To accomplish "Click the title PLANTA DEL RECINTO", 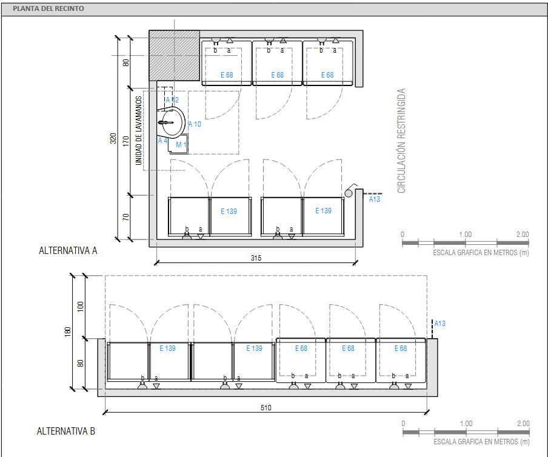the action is pyautogui.click(x=48, y=8).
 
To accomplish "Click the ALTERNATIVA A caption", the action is pyautogui.click(x=68, y=250).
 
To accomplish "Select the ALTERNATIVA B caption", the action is pyautogui.click(x=65, y=431).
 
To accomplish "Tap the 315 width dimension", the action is pyautogui.click(x=256, y=258).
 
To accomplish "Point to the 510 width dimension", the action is pyautogui.click(x=266, y=408).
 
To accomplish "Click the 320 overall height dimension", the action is pyautogui.click(x=113, y=138).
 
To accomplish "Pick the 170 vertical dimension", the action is pyautogui.click(x=126, y=141).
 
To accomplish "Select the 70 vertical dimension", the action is pyautogui.click(x=126, y=217).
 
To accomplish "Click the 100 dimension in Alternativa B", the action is pyautogui.click(x=81, y=307).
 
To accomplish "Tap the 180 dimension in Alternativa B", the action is pyautogui.click(x=68, y=332).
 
